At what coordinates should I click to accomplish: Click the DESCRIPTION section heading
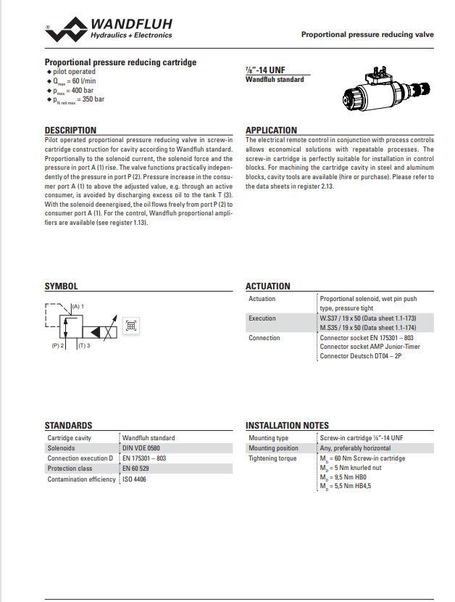click(x=70, y=131)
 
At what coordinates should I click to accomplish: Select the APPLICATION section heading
click(x=271, y=131)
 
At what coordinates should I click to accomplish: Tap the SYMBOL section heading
click(x=61, y=286)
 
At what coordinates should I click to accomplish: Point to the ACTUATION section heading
click(x=267, y=286)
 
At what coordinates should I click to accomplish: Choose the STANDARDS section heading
click(x=68, y=426)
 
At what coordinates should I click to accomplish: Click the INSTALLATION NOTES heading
click(x=287, y=426)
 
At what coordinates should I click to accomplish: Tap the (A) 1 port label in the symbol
click(x=77, y=307)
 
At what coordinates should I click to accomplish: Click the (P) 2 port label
click(x=58, y=346)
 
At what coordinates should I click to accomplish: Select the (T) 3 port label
click(x=83, y=346)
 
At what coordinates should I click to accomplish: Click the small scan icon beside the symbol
click(x=131, y=326)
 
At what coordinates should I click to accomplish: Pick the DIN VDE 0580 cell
click(x=141, y=448)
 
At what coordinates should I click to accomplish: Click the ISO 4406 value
click(x=134, y=479)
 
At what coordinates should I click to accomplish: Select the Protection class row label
click(x=70, y=469)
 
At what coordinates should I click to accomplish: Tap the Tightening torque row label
click(x=272, y=458)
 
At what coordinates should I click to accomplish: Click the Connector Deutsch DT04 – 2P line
click(x=360, y=356)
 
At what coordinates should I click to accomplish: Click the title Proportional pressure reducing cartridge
click(x=120, y=62)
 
